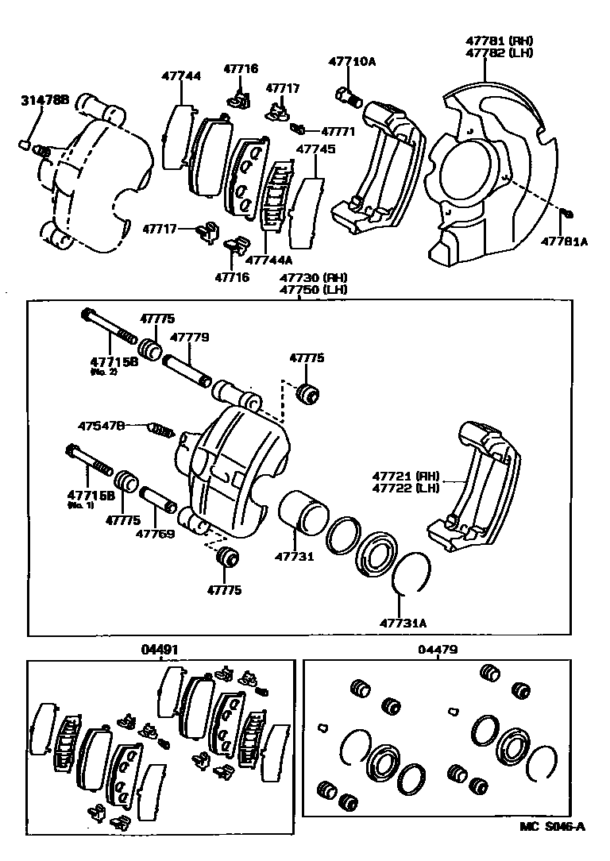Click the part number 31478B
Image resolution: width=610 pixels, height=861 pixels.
(x=44, y=100)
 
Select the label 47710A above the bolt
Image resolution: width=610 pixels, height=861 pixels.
(x=352, y=61)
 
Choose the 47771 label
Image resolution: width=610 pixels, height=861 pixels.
(x=338, y=130)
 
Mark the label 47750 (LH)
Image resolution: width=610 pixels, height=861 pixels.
(x=313, y=290)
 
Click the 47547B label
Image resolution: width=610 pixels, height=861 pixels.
(x=101, y=427)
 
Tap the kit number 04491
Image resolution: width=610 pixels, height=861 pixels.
(x=160, y=650)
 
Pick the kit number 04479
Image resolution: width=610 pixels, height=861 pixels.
(x=438, y=650)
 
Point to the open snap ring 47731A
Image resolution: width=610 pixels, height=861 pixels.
(x=413, y=573)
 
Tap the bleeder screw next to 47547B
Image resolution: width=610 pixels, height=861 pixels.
(x=162, y=430)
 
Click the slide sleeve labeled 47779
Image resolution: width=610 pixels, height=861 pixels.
(x=187, y=372)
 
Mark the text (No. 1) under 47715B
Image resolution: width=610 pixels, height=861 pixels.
(x=80, y=505)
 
